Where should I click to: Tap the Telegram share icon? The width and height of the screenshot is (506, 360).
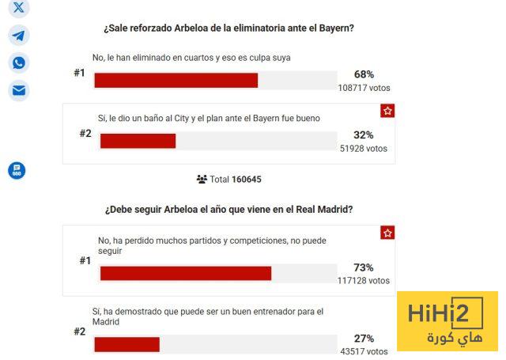click(x=18, y=35)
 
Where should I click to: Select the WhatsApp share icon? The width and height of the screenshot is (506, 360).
click(x=18, y=63)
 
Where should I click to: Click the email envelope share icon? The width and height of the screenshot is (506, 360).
click(x=18, y=90)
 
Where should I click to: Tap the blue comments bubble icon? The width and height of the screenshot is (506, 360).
click(x=17, y=170)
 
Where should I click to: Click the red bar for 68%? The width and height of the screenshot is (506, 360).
click(x=176, y=80)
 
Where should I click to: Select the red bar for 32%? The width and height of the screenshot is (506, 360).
click(x=138, y=141)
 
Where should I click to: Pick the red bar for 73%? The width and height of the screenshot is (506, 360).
click(x=185, y=273)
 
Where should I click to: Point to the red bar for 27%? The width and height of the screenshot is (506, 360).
click(x=126, y=344)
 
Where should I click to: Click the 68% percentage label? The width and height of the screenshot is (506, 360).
click(x=364, y=74)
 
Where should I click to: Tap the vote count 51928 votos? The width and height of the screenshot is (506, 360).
click(x=364, y=148)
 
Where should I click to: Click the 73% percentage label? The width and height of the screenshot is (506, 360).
click(x=364, y=267)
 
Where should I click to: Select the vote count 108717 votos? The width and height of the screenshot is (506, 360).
click(x=364, y=88)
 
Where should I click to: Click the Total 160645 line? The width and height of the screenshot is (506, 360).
click(x=229, y=180)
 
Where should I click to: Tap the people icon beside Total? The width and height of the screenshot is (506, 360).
click(x=202, y=180)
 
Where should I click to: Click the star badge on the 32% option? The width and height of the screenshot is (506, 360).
click(x=387, y=111)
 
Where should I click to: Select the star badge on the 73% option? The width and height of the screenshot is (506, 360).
click(x=387, y=233)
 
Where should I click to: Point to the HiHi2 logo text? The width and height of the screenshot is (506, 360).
click(x=445, y=314)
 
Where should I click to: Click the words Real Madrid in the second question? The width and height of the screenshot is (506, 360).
click(x=323, y=210)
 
